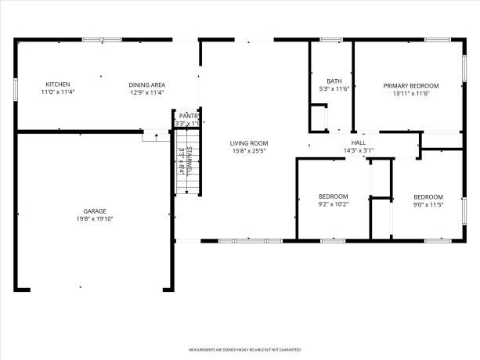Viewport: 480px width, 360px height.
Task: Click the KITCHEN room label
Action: (57, 85)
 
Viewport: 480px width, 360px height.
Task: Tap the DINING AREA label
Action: (146, 85)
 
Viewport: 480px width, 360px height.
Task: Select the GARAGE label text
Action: (96, 211)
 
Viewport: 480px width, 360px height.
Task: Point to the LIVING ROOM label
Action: (249, 142)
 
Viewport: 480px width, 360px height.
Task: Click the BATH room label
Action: (334, 81)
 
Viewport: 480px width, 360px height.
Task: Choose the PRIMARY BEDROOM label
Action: (410, 85)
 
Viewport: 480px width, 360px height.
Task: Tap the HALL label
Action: (359, 142)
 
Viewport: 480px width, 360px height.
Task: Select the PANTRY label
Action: (189, 115)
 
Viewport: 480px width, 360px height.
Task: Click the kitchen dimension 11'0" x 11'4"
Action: (57, 92)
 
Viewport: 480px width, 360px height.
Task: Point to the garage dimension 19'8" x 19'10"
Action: (96, 219)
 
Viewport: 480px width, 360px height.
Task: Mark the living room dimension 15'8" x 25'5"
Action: (249, 150)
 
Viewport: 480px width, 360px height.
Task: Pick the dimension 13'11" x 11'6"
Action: (410, 93)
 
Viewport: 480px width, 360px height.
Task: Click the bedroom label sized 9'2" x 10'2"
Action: (333, 196)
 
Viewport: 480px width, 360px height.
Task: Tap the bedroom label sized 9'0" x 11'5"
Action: (428, 197)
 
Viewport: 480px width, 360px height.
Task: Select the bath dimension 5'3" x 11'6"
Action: (334, 88)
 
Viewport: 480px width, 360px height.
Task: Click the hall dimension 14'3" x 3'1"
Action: (359, 150)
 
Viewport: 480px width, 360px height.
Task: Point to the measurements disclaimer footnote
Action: (244, 350)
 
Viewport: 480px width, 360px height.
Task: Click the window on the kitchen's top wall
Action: (102, 38)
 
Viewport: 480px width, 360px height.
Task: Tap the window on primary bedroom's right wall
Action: (464, 67)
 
